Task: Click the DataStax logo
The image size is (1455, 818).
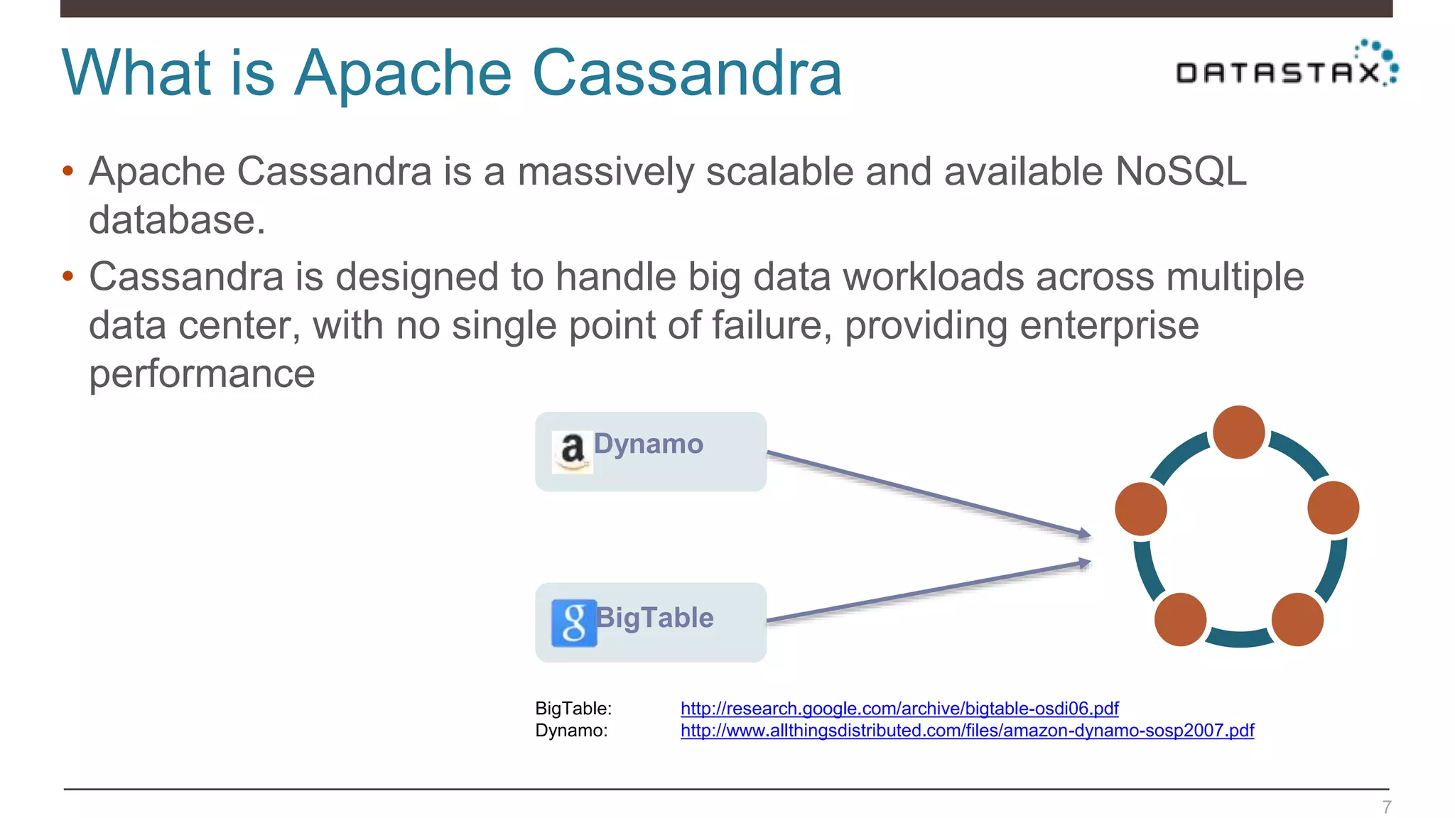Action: [x=1286, y=67]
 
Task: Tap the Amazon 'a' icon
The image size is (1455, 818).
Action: [x=572, y=452]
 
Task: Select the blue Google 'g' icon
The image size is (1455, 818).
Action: [x=573, y=623]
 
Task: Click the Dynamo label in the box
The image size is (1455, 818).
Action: [x=648, y=444]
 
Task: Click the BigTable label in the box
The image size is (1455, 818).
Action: [x=654, y=618]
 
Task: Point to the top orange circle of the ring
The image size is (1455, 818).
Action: [x=1238, y=432]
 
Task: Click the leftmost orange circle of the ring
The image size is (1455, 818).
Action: [x=1141, y=508]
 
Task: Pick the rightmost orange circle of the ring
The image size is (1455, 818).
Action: [x=1333, y=508]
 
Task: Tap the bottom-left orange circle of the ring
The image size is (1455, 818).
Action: [x=1180, y=619]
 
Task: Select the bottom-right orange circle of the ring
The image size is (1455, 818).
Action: [x=1297, y=619]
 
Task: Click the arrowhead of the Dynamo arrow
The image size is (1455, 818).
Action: [x=1084, y=533]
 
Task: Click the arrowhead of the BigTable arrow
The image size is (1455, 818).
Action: [x=1084, y=563]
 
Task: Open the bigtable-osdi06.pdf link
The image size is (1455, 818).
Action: [x=899, y=708]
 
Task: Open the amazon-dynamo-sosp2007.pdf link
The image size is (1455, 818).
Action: [x=967, y=730]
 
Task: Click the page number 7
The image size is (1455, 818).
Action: [x=1386, y=807]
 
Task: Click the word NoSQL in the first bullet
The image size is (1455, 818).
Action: [x=1180, y=172]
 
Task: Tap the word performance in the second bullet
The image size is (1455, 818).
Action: [x=202, y=373]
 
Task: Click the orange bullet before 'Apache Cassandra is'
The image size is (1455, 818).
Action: [x=68, y=170]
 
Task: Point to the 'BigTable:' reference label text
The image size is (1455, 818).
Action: [x=573, y=708]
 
